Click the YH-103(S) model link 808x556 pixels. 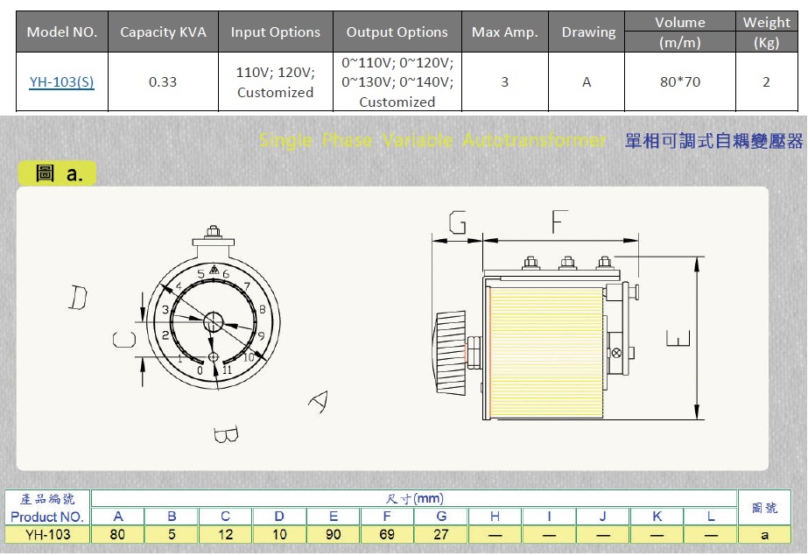(x=61, y=82)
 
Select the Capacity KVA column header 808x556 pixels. (x=163, y=32)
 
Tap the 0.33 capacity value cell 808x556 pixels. (x=163, y=82)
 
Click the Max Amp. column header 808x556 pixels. (x=504, y=32)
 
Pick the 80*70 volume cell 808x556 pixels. (x=680, y=82)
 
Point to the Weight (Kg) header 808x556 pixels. (x=766, y=32)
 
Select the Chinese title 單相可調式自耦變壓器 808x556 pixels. (x=713, y=140)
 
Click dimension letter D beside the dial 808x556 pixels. (x=79, y=299)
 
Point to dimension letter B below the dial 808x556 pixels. (x=225, y=434)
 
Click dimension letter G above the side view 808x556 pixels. (x=456, y=224)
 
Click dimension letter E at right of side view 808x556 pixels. (x=678, y=338)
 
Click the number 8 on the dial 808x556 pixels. (x=263, y=309)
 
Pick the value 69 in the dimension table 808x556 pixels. (x=387, y=534)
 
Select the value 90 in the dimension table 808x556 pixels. (x=334, y=534)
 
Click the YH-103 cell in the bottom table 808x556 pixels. (x=48, y=534)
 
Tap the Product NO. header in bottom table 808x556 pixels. (x=48, y=517)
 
